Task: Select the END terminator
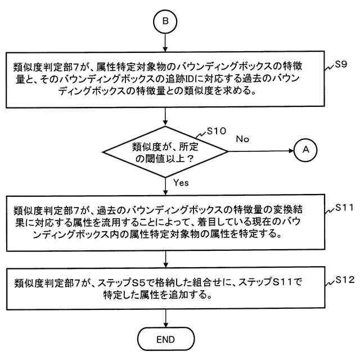(166, 339)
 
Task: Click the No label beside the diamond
(242, 138)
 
